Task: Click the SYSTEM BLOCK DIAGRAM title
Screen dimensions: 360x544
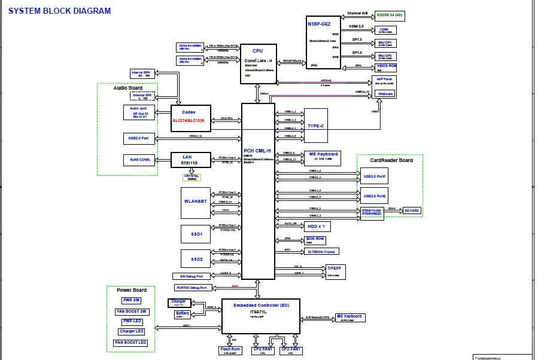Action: point(59,11)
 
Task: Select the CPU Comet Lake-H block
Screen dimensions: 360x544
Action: point(258,62)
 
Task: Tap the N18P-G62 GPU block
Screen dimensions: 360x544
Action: point(323,41)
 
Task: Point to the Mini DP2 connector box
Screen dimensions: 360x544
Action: point(384,56)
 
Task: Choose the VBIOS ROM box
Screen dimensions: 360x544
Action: point(384,67)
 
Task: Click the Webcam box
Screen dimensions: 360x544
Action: point(384,94)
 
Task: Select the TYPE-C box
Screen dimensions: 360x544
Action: point(315,126)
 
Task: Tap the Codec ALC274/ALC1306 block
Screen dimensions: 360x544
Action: point(191,115)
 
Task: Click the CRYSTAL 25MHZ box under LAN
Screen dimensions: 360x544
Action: point(192,178)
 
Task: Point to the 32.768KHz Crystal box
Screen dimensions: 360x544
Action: point(322,252)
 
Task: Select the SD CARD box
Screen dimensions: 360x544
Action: point(411,210)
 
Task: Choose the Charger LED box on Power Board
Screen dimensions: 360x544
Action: point(131,331)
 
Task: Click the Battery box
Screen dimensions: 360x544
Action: point(183,314)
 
